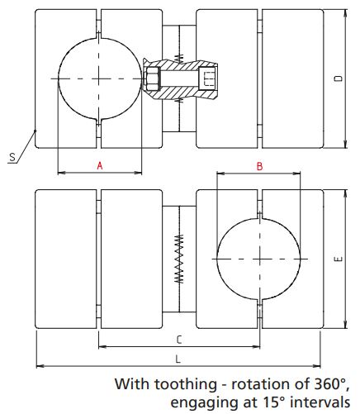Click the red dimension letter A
[x=99, y=165]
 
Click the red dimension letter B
[x=259, y=165]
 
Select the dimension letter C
[x=179, y=339]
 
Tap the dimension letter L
[x=179, y=358]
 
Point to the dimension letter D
[x=339, y=79]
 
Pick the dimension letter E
[x=339, y=259]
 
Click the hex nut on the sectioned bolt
[x=151, y=79]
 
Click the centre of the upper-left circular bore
[x=99, y=79]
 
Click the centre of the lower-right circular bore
[x=259, y=259]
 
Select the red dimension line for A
[x=74, y=173]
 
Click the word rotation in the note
[x=257, y=384]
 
